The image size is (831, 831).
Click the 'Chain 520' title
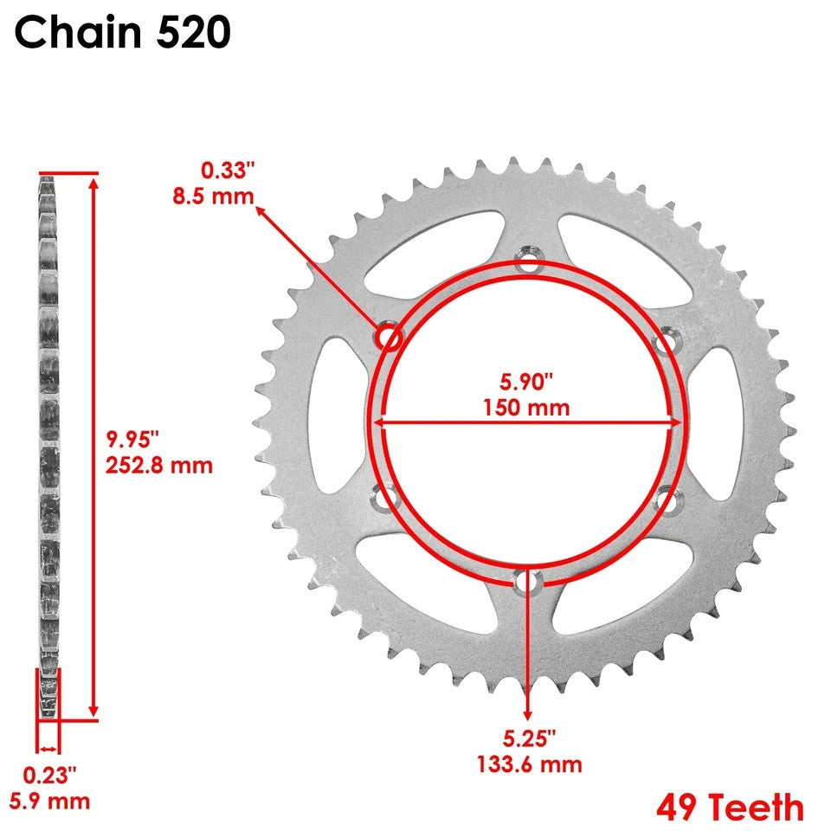click(122, 33)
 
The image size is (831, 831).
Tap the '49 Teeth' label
click(730, 808)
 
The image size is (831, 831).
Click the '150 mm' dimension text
click(526, 407)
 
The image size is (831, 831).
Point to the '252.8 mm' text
click(158, 465)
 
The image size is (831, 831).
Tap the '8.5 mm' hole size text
click(212, 195)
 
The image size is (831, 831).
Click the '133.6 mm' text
click(529, 764)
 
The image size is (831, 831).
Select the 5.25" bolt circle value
click(527, 738)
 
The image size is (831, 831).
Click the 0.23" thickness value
click(49, 773)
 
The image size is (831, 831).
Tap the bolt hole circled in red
click(388, 337)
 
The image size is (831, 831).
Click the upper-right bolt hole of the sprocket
click(664, 344)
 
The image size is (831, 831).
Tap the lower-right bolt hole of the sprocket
click(665, 500)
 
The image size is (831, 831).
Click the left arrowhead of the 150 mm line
click(379, 422)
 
